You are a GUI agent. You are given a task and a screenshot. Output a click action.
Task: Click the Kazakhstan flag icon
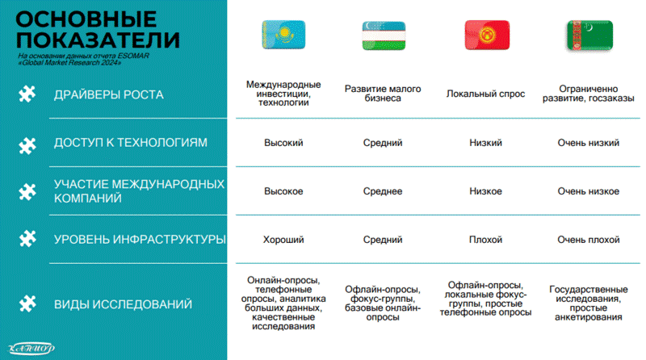283,35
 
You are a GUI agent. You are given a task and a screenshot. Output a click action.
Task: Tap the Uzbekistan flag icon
384,36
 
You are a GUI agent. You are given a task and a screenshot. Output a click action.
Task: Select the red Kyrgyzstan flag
487,35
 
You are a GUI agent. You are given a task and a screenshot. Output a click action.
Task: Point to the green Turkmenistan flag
589,35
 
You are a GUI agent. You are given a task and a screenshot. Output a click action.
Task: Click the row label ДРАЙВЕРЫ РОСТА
109,94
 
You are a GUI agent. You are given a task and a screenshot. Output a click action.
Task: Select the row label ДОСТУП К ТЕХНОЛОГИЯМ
131,143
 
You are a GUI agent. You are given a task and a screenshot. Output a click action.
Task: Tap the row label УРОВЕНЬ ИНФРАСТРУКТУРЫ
140,239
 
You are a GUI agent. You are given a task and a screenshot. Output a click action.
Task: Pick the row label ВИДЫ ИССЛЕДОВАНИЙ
123,304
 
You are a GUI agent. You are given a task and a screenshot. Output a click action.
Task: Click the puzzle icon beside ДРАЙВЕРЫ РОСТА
27,94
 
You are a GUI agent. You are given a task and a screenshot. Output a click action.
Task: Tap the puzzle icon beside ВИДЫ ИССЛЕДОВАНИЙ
27,303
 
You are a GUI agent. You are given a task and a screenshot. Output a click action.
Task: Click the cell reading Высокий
283,143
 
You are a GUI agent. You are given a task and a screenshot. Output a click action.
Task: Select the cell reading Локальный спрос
486,94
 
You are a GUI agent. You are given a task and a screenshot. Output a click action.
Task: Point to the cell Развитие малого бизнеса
383,94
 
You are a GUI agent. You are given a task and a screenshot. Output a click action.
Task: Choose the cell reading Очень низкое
589,191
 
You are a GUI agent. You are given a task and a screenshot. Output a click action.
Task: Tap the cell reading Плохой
486,240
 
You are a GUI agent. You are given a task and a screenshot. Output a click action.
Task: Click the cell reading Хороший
283,240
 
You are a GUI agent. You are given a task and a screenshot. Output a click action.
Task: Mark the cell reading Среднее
383,191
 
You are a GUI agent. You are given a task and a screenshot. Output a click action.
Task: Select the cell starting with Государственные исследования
589,303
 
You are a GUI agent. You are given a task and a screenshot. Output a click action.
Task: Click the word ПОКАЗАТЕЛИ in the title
98,40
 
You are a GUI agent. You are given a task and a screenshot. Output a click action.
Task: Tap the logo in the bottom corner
31,349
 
